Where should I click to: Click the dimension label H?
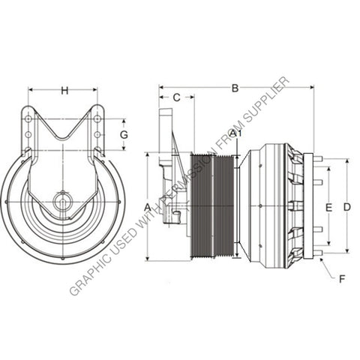click(x=64, y=91)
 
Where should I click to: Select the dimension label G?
click(x=124, y=134)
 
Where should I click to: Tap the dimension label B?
click(x=235, y=88)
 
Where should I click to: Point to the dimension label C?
click(x=176, y=97)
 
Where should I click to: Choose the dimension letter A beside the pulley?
click(x=148, y=206)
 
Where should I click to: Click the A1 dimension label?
click(x=235, y=133)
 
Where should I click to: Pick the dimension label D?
click(x=346, y=206)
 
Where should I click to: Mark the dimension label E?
click(x=328, y=206)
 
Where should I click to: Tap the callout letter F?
click(x=341, y=279)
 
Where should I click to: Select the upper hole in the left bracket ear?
click(x=28, y=119)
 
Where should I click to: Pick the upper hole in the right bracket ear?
click(x=97, y=119)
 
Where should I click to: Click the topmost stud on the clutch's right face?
click(x=318, y=159)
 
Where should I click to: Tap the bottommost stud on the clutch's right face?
click(x=318, y=253)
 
